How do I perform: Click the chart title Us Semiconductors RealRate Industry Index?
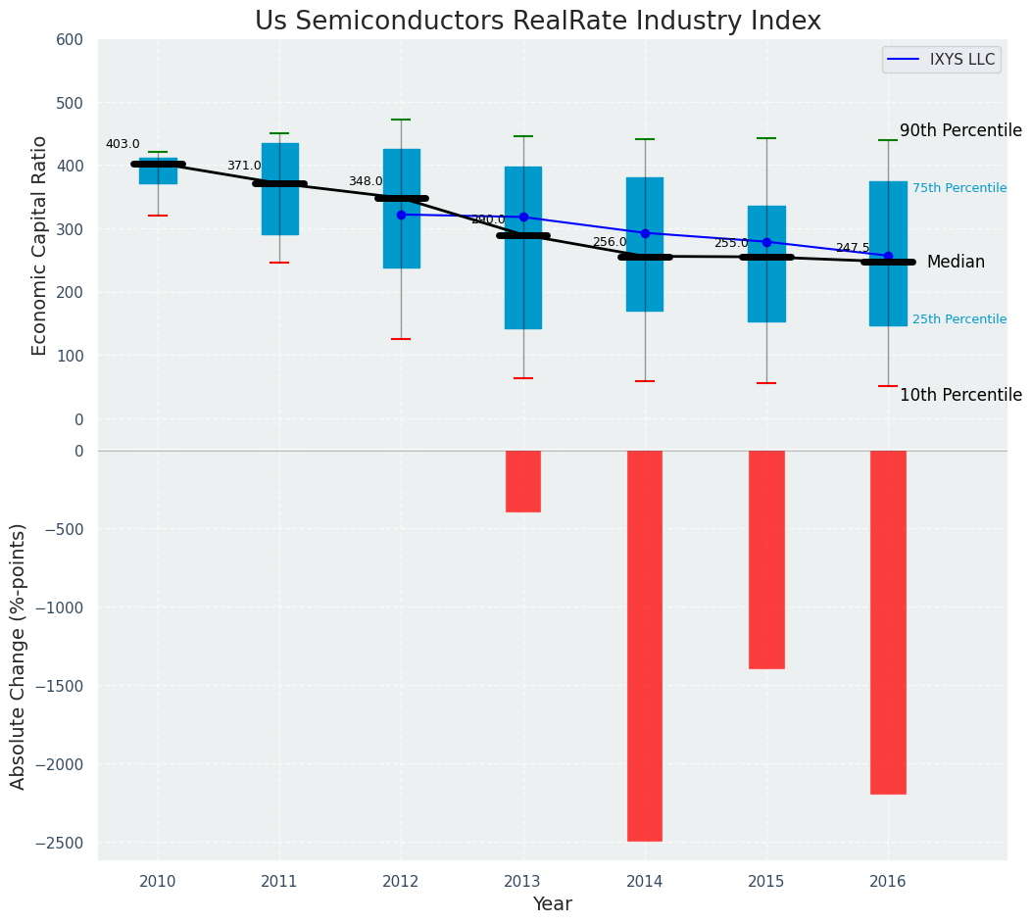537,22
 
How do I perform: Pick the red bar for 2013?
523,481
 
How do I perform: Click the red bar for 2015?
766,559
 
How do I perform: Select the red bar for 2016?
888,621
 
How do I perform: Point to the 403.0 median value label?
123,144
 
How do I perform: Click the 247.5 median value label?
853,248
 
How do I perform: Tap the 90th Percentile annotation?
960,131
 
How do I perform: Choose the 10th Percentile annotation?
960,396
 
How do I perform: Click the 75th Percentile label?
959,188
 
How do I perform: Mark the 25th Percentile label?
959,319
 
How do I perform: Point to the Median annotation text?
956,263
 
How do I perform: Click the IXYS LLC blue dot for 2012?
401,215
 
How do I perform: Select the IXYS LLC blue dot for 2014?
645,233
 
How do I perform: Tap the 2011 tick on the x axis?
279,882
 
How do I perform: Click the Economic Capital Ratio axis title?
40,245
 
